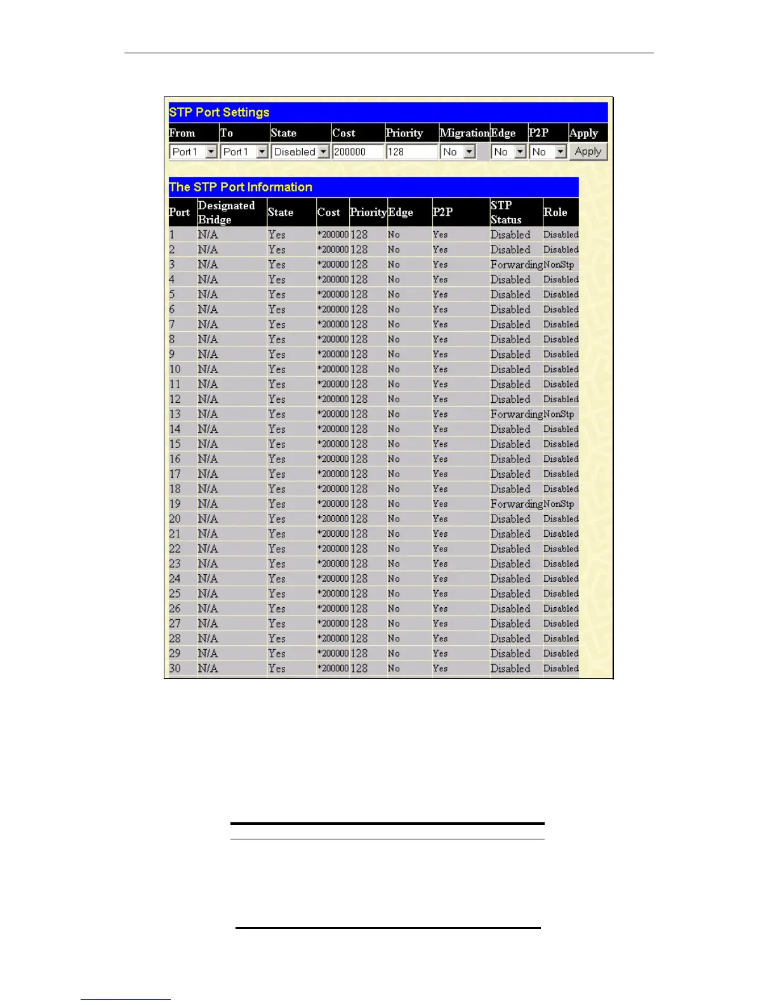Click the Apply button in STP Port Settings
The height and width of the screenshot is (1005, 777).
pos(588,152)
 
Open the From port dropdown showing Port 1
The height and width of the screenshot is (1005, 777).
pos(194,152)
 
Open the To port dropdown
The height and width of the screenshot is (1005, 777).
pos(244,152)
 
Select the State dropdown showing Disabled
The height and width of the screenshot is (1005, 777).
pos(300,152)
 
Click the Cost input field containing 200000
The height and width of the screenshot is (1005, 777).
pos(358,152)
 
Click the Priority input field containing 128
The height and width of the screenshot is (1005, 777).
pos(411,152)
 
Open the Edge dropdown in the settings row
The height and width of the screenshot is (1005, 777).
pos(508,152)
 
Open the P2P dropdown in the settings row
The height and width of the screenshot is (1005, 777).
pos(548,152)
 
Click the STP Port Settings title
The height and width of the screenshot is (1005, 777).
pos(219,112)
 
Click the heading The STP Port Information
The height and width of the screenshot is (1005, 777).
pos(241,187)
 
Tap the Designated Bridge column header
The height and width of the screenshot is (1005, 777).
pos(226,213)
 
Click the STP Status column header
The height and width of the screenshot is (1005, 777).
pos(506,213)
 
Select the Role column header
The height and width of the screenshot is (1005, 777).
pos(555,213)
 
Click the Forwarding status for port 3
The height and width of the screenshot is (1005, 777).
pos(516,265)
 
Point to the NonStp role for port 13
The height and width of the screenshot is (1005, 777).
pos(559,414)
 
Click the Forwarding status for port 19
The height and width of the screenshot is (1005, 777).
pos(516,504)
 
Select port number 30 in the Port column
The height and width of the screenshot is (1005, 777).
pos(175,668)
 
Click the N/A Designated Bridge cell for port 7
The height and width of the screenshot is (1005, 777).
pos(208,324)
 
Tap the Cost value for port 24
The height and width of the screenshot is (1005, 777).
pos(333,579)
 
